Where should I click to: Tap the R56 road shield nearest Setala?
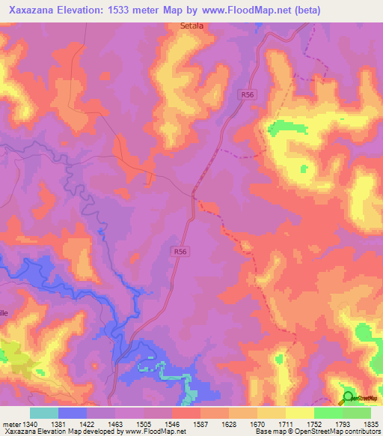249,95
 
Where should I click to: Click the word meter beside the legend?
10,423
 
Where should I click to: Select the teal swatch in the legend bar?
44,413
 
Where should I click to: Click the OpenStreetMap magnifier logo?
348,398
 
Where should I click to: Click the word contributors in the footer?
361,432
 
